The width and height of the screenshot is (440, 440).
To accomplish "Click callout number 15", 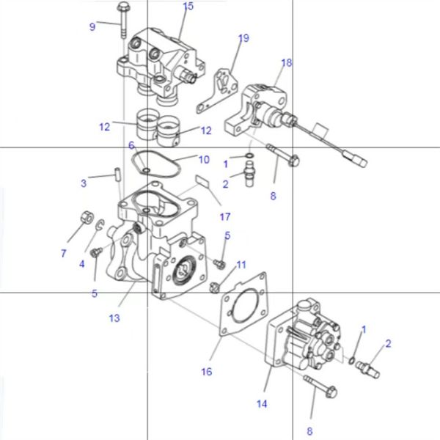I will tap(188, 7).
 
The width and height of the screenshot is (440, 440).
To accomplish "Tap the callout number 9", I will tap(92, 26).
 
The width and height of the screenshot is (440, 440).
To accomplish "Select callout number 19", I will tap(243, 37).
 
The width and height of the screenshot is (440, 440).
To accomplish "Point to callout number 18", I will tap(286, 63).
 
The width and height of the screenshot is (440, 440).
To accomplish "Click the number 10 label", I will tap(204, 159).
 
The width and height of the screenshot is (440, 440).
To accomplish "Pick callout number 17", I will tap(224, 217).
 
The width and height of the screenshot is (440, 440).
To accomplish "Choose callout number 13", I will tap(114, 318).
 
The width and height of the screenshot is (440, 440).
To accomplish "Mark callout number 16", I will tap(207, 372).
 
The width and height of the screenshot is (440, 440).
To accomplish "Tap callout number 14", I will tap(263, 404).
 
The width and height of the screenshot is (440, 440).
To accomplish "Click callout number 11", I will tap(241, 264).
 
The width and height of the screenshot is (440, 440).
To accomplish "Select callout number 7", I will tap(64, 254).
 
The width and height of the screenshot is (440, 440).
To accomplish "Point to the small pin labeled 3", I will tap(117, 175).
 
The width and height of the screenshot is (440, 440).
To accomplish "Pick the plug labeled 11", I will tap(215, 285).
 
